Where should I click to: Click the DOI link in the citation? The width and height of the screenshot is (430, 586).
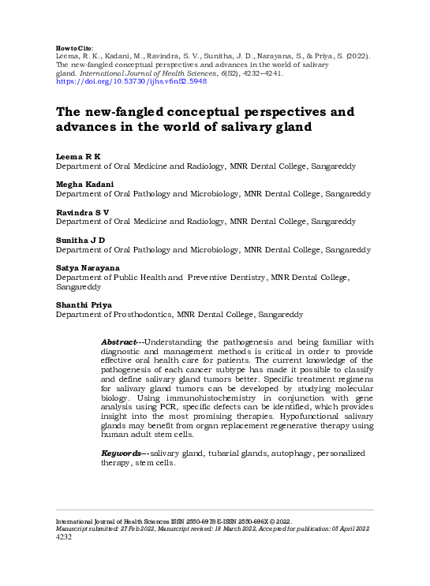[131, 80]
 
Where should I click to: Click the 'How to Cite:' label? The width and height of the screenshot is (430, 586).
[75, 47]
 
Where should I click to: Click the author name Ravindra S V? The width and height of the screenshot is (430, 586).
[82, 213]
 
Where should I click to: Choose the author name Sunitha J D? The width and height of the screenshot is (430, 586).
[80, 241]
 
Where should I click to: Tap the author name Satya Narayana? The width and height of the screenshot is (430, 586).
[87, 268]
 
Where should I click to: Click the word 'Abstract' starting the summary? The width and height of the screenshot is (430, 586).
[118, 342]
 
